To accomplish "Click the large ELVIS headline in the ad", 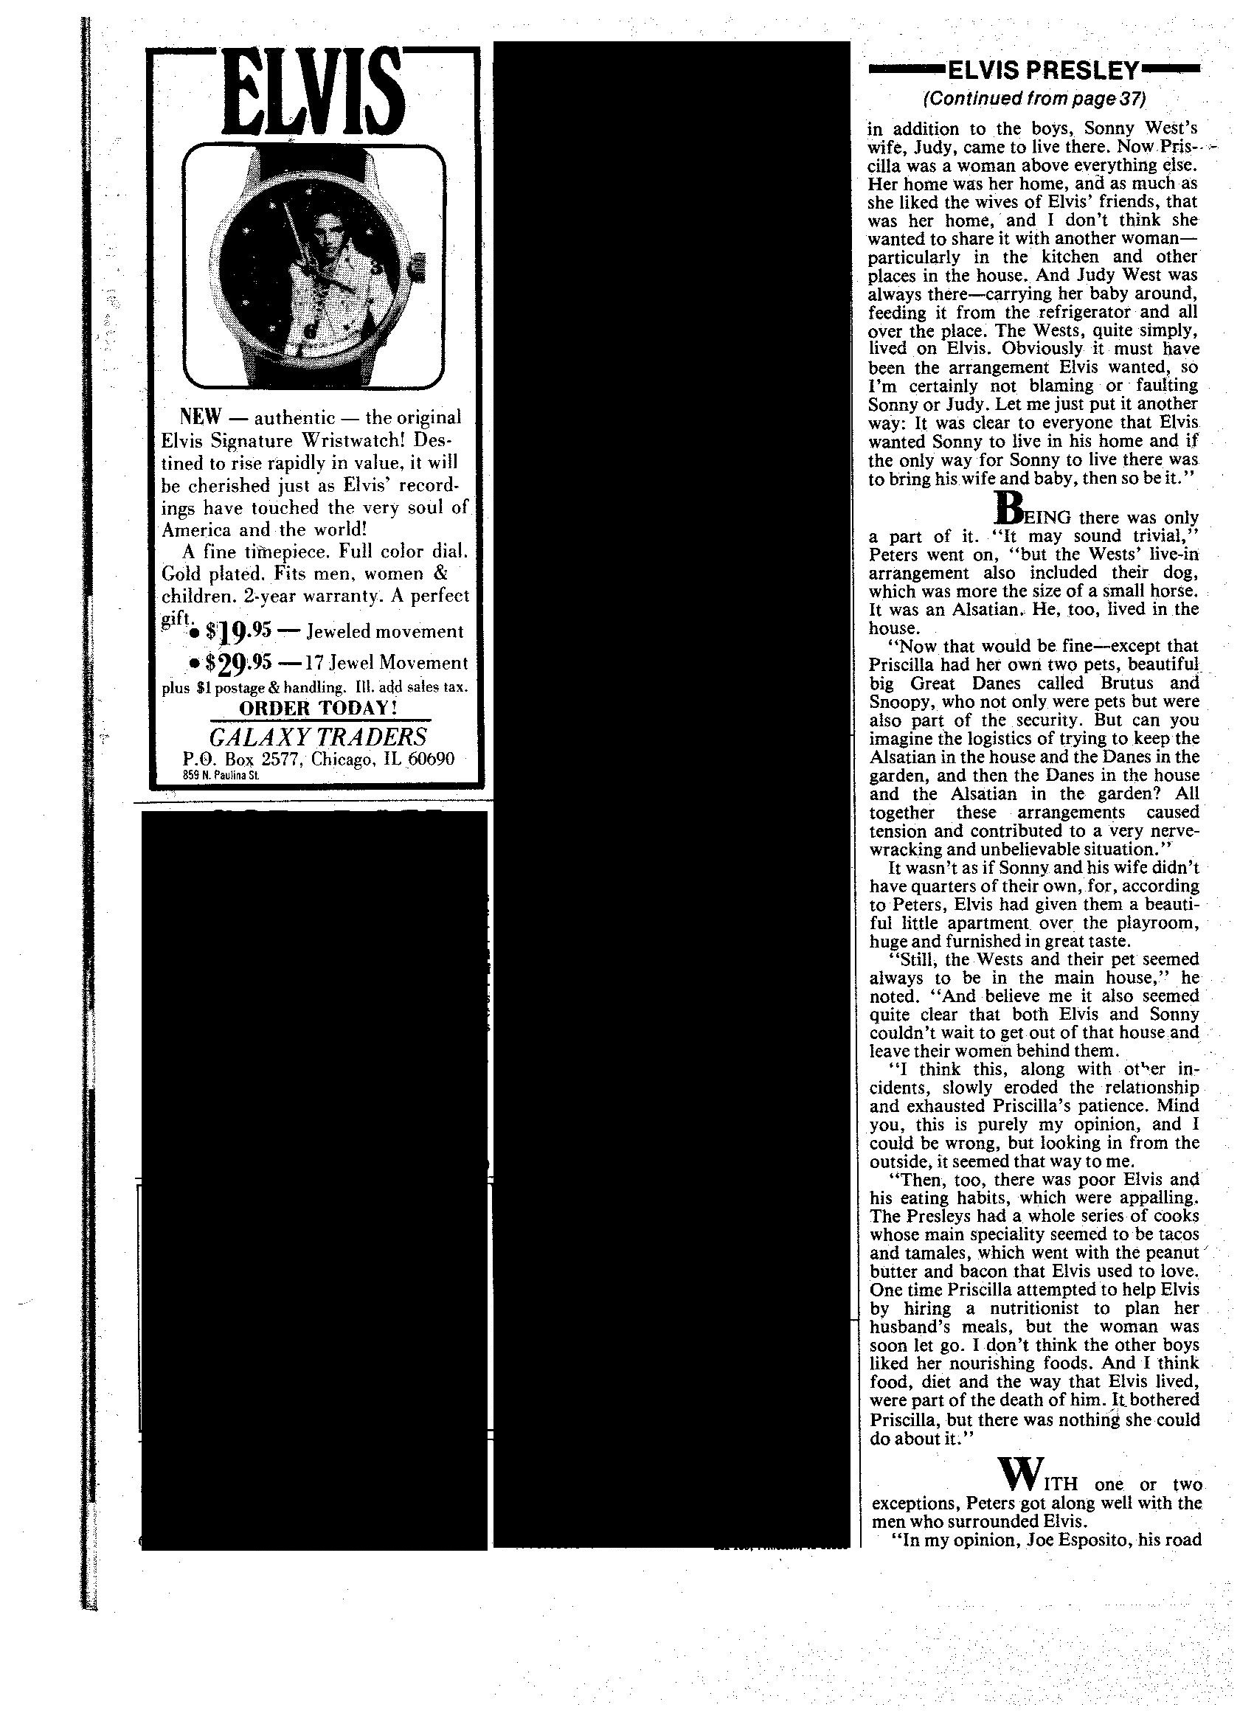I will coord(313,92).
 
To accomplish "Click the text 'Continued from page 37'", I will coord(1033,99).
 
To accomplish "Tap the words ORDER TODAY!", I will coord(319,708).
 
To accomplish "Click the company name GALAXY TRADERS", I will coord(318,737).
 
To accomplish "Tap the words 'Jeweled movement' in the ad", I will coord(385,632).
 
